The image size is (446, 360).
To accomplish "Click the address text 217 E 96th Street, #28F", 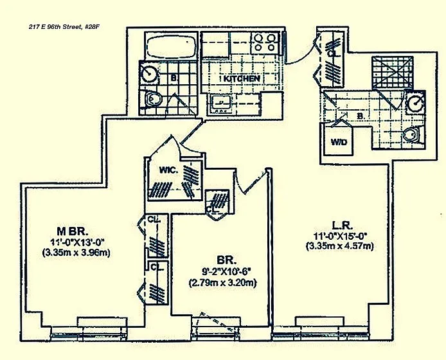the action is (64, 27).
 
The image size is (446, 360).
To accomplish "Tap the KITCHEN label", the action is (242, 78).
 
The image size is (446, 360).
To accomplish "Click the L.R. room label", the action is (343, 226).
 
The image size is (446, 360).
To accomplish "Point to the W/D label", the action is (339, 141).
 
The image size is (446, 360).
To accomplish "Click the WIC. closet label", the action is (168, 170).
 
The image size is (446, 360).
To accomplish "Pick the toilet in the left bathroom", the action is (152, 99).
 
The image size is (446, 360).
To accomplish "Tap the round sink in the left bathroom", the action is (149, 73).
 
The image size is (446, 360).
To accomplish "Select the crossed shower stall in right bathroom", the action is (393, 73).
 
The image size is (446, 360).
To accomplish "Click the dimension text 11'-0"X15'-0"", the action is (341, 236).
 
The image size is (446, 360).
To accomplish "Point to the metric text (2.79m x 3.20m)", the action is (223, 283).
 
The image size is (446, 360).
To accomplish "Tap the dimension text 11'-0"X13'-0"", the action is (77, 242).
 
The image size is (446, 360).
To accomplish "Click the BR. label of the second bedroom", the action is (227, 260).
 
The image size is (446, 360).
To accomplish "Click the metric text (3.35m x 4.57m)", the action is (340, 246).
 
